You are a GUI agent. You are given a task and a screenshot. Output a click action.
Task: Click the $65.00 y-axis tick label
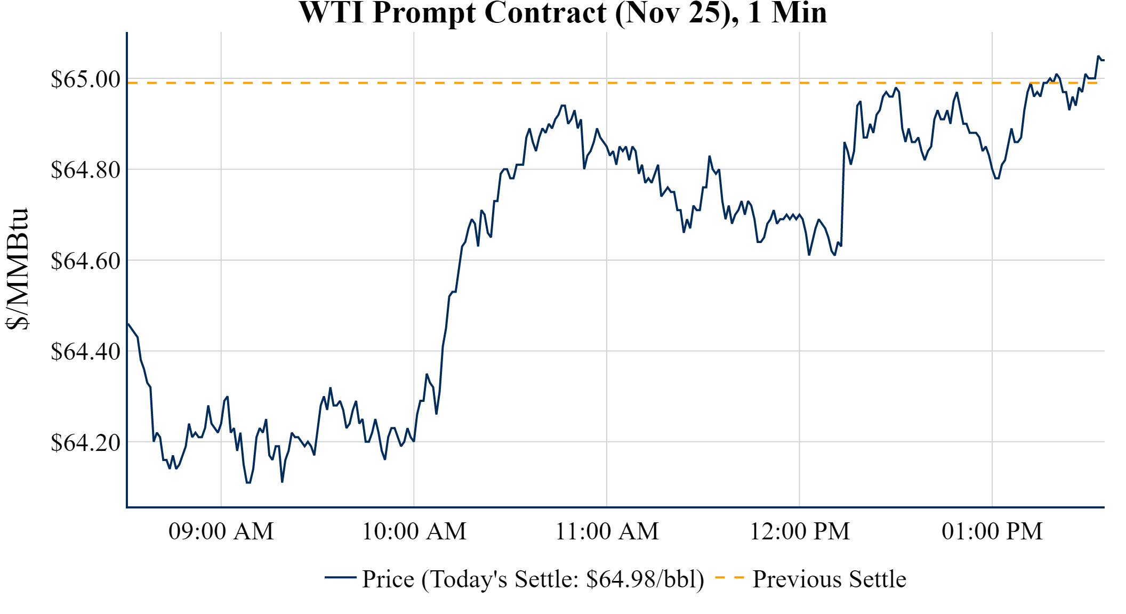[x=85, y=79]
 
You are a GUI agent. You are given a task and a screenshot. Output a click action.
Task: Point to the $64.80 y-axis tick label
[x=85, y=170]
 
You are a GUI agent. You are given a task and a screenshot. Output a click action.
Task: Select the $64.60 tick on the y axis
[x=85, y=261]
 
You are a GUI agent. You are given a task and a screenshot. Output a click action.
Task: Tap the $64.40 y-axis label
[x=85, y=352]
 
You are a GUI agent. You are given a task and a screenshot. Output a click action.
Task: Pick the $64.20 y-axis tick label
[x=85, y=442]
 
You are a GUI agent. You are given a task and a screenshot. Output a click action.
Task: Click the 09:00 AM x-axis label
[x=221, y=531]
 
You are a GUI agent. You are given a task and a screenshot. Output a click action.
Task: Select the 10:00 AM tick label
[x=414, y=531]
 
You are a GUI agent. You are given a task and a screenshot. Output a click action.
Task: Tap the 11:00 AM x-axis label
[x=607, y=531]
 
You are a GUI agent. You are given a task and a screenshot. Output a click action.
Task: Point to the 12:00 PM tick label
[x=800, y=531]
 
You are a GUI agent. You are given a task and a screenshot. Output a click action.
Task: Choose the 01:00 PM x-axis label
[x=992, y=531]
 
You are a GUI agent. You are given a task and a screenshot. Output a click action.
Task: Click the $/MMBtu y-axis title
[x=18, y=269]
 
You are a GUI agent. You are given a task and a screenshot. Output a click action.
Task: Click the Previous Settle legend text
[x=829, y=579]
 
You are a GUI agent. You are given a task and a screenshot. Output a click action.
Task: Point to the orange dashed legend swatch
[x=729, y=578]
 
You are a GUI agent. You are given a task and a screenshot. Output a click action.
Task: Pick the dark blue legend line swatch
[x=340, y=577]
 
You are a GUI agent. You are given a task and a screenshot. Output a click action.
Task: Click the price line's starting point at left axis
[x=128, y=324]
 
